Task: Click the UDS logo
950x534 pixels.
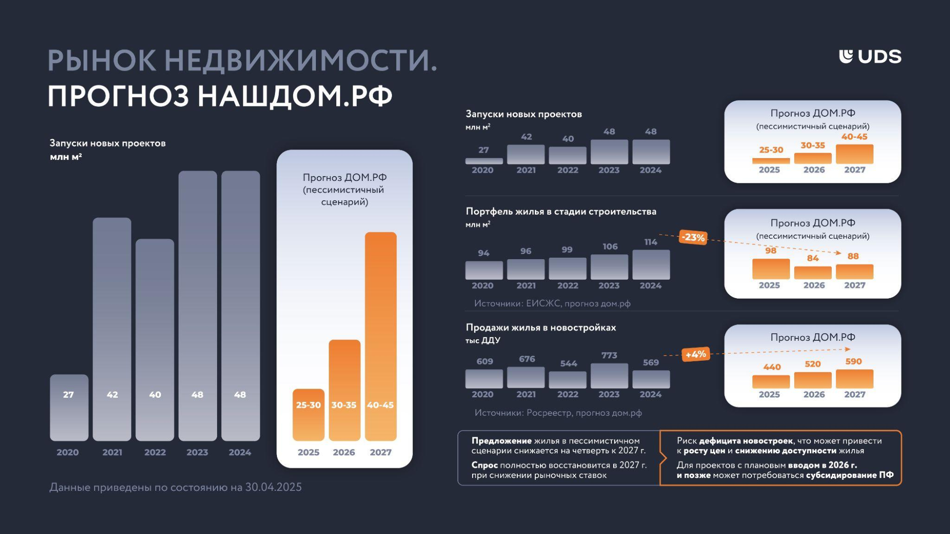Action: (x=870, y=56)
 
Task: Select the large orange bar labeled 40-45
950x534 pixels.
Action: (x=380, y=336)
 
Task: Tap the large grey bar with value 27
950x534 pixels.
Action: (x=69, y=407)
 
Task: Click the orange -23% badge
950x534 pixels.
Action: (x=693, y=237)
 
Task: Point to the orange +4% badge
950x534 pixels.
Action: (x=696, y=354)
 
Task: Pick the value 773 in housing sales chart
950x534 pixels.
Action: (x=609, y=355)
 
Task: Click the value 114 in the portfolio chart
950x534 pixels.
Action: (x=651, y=242)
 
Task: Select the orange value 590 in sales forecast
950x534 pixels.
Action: (x=854, y=361)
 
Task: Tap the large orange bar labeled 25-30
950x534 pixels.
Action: (x=308, y=415)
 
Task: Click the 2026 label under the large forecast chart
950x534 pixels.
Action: (x=344, y=452)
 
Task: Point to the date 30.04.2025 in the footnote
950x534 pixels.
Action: (x=273, y=487)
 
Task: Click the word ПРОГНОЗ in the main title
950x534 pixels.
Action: (x=118, y=96)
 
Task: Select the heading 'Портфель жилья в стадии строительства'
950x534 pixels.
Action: (x=561, y=212)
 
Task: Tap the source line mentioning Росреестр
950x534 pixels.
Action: (x=558, y=413)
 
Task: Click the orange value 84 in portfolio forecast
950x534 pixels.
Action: (x=813, y=258)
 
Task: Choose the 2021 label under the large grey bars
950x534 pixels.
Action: (x=112, y=452)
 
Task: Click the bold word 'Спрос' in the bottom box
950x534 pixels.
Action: (x=484, y=465)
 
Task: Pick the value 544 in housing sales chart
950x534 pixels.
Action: (x=569, y=364)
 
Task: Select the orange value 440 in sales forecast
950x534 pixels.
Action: (x=772, y=367)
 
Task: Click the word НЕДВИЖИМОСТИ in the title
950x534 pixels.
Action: (x=301, y=61)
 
